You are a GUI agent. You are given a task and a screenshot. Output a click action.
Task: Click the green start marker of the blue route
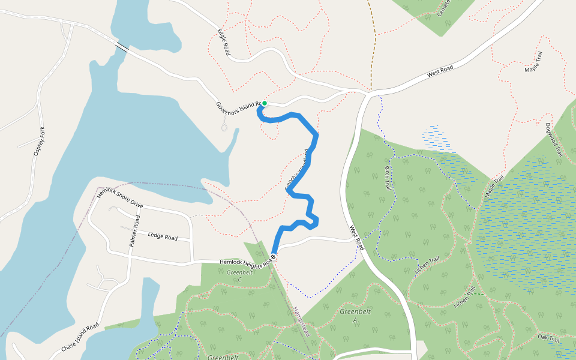coord(264,103)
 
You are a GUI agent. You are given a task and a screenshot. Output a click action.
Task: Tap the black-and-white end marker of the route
coord(274,257)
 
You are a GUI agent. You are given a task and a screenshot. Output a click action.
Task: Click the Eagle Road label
coord(224,42)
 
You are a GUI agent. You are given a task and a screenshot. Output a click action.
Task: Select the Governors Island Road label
coord(238,107)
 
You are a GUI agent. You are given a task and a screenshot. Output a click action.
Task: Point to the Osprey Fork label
coord(40,142)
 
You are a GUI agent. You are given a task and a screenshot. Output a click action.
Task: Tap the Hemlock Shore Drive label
coord(120,197)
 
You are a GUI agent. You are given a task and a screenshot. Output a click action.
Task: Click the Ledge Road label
coord(163,236)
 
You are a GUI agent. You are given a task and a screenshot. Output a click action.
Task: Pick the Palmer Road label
coord(133,231)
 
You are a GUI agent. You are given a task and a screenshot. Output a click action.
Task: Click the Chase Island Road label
coord(79,339)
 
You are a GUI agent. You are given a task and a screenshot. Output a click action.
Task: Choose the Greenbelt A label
coord(355,316)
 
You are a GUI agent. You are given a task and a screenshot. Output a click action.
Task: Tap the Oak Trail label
coord(548,338)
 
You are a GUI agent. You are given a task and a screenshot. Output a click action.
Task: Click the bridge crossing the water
coord(122,47)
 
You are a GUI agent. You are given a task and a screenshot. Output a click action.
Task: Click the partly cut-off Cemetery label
coord(443,8)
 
